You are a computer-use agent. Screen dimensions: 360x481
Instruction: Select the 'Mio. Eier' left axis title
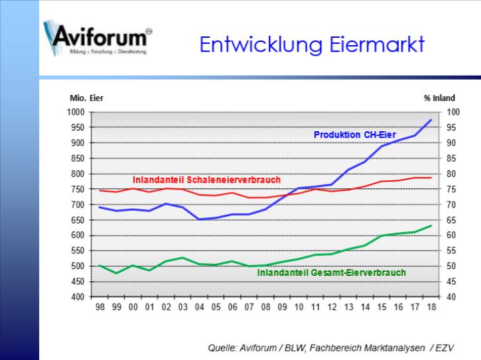click(86, 98)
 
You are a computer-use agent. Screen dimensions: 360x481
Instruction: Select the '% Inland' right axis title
click(439, 98)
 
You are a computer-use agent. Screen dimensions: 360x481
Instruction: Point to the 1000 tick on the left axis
click(78, 112)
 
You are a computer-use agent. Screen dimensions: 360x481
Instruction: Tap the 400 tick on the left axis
click(80, 297)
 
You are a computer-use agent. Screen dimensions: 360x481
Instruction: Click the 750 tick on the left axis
click(80, 189)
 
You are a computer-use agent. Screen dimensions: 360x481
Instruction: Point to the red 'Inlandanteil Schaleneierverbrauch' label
click(206, 180)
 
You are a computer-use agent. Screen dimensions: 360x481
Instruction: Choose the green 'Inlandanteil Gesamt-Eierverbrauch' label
click(331, 272)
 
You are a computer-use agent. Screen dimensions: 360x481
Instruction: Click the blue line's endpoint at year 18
click(431, 120)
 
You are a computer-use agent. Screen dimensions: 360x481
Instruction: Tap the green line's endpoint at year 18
click(431, 226)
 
